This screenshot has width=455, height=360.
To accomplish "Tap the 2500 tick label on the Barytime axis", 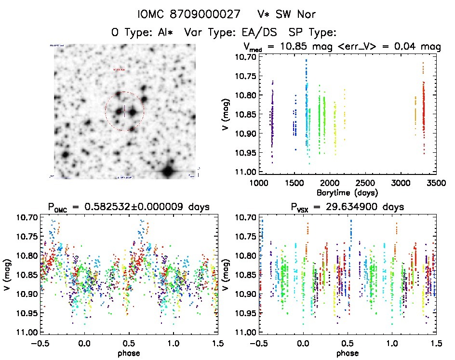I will coord(364,184).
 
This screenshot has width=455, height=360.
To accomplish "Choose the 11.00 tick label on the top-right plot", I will coord(244,172).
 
